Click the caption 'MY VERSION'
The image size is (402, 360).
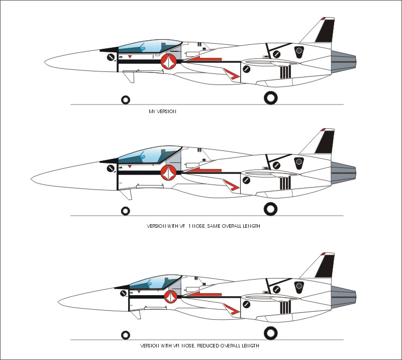[x=162, y=112]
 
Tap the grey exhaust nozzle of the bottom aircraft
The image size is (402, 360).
[x=343, y=297]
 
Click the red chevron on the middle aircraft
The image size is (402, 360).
[x=232, y=185]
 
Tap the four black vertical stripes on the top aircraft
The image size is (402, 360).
[x=285, y=72]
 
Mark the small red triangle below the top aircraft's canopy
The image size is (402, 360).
[x=130, y=56]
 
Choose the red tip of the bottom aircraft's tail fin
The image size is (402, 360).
[x=323, y=253]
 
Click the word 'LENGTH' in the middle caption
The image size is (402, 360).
[x=251, y=226]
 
